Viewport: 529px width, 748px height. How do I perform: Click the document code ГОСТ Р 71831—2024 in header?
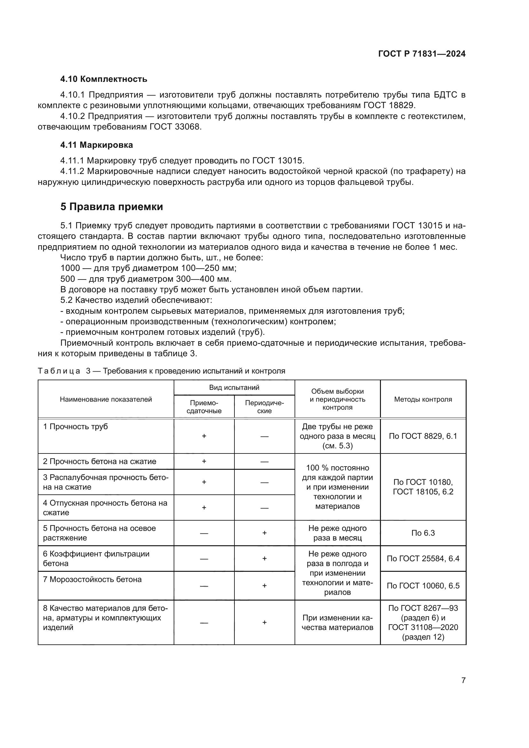point(422,54)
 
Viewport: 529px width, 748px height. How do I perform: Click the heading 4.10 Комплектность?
point(104,79)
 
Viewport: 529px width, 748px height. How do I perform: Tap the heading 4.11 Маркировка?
point(96,145)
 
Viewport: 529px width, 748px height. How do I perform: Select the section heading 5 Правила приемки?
point(111,207)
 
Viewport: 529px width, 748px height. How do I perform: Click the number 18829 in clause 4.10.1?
point(402,105)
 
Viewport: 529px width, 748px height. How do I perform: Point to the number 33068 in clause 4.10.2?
point(188,127)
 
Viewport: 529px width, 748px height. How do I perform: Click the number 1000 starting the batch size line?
point(70,268)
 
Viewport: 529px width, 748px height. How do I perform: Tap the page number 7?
point(463,680)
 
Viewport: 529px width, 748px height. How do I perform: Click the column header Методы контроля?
point(423,399)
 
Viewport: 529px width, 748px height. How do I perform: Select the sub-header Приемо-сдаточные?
point(204,407)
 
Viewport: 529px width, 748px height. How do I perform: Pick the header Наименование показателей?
point(106,399)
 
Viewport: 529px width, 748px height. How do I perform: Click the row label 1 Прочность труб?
point(75,427)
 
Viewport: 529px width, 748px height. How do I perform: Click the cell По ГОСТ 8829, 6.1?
point(423,436)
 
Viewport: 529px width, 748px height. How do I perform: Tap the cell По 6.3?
point(423,533)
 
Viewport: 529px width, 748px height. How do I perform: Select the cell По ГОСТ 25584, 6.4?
point(423,559)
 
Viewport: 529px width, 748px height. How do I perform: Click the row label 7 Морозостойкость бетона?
point(92,579)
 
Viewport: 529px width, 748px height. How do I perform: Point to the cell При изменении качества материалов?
point(337,623)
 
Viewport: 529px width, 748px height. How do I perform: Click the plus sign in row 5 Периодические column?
point(264,533)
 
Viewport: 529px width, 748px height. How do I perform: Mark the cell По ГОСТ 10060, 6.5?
point(423,586)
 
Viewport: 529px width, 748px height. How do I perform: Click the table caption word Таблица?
point(59,371)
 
